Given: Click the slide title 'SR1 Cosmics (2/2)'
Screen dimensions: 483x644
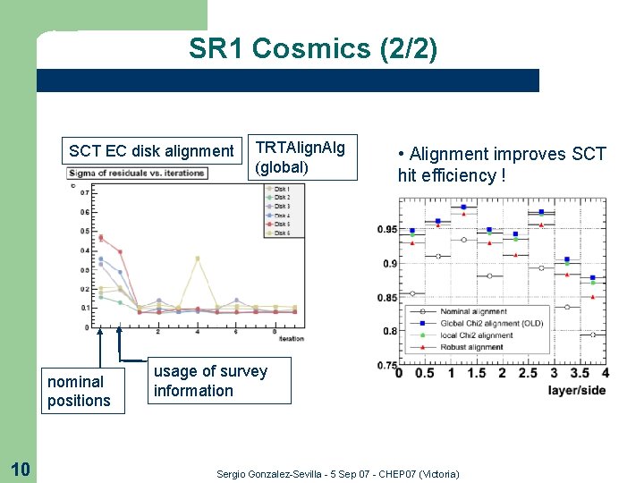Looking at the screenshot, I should [x=313, y=49].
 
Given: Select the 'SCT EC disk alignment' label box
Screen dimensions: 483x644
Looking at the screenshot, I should [x=151, y=151].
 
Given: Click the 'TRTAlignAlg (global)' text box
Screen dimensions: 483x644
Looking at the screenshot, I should [x=299, y=157].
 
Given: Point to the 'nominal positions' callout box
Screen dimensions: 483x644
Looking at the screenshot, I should [x=79, y=392].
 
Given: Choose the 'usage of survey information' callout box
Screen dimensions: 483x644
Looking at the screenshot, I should [x=210, y=381].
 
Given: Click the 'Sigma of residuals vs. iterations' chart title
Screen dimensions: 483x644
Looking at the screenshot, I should [x=138, y=173].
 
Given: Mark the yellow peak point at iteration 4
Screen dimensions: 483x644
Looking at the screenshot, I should [x=197, y=258].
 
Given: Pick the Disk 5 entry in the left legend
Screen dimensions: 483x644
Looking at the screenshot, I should [x=281, y=225].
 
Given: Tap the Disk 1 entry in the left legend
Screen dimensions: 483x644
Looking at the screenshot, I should [x=281, y=189].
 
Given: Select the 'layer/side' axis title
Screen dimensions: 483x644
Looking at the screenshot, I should [x=576, y=390].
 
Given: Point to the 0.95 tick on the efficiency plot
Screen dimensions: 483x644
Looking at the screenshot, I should [x=386, y=230].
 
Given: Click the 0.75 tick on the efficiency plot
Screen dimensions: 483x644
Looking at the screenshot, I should [x=386, y=365].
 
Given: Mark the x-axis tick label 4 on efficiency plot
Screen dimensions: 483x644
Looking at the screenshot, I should [x=606, y=373].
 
